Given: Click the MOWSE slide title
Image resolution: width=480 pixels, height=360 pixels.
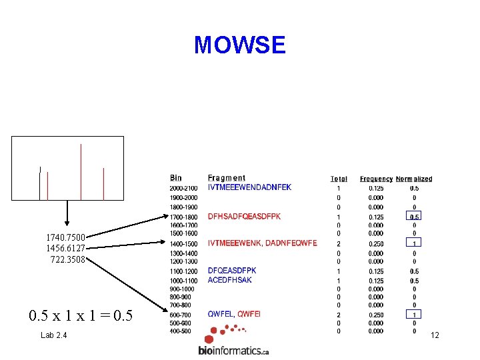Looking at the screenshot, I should click(239, 45).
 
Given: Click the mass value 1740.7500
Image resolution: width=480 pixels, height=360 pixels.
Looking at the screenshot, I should click(65, 237).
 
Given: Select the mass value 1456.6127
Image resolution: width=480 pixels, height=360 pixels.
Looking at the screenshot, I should click(65, 248).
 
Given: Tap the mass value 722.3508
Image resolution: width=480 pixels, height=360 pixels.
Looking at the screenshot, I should click(67, 259).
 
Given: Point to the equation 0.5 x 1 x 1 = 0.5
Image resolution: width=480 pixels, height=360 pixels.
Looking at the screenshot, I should click(81, 315).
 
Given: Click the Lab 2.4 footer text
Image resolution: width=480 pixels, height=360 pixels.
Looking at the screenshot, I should click(53, 335).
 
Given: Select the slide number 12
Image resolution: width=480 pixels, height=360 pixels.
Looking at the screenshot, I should click(435, 335).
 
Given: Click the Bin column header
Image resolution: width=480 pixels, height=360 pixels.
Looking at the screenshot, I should click(175, 178).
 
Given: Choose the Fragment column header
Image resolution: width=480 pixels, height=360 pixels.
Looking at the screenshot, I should click(226, 178).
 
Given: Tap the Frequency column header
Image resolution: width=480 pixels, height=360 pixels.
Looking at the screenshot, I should click(376, 179).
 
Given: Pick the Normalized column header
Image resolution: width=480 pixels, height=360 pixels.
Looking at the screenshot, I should click(414, 179).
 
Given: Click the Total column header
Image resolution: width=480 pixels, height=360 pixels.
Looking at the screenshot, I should click(339, 179).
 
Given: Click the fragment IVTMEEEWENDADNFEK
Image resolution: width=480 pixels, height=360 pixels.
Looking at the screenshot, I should click(249, 187).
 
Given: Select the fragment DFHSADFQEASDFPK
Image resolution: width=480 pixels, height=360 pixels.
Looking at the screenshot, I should click(244, 217).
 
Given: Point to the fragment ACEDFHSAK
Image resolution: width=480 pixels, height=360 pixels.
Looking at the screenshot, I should click(230, 280).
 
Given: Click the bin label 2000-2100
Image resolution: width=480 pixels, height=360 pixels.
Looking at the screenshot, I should click(183, 188).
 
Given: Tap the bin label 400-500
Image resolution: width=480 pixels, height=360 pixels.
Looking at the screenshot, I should click(180, 331).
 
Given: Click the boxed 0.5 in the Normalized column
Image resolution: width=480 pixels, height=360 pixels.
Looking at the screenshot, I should click(414, 217).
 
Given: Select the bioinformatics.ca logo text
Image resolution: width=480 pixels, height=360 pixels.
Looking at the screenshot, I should click(233, 350).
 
